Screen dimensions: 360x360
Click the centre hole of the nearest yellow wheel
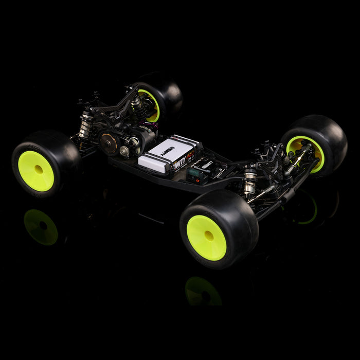click(x=209, y=236)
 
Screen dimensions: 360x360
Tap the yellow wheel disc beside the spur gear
click(x=36, y=171)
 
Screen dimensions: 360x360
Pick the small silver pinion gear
click(x=124, y=151)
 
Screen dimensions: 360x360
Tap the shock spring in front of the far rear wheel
click(x=137, y=106)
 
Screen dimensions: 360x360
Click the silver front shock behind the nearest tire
click(x=250, y=182)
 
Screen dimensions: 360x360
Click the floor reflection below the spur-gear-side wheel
click(x=41, y=227)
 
